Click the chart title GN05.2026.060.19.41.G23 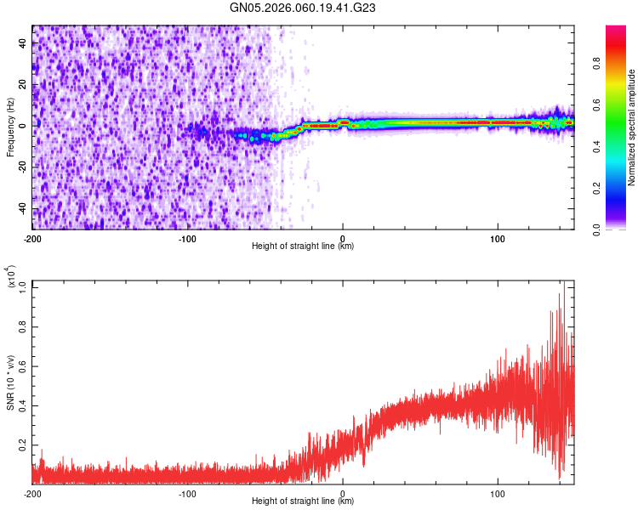tap(303, 8)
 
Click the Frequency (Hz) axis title tap(10, 127)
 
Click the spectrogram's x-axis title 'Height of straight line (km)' tap(303, 247)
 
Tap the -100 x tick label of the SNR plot tap(187, 493)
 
